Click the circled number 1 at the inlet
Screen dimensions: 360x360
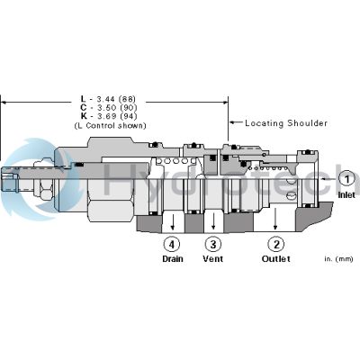click(x=346, y=179)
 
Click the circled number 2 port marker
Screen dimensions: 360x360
click(x=276, y=243)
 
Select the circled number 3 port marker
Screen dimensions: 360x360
click(x=212, y=243)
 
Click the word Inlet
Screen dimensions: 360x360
click(x=346, y=194)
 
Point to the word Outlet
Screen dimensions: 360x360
click(x=276, y=259)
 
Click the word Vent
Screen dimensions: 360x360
click(x=212, y=259)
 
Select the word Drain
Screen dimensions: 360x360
click(x=173, y=259)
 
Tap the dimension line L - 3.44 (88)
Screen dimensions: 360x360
click(x=116, y=99)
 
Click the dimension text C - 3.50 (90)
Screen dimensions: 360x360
click(x=116, y=108)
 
